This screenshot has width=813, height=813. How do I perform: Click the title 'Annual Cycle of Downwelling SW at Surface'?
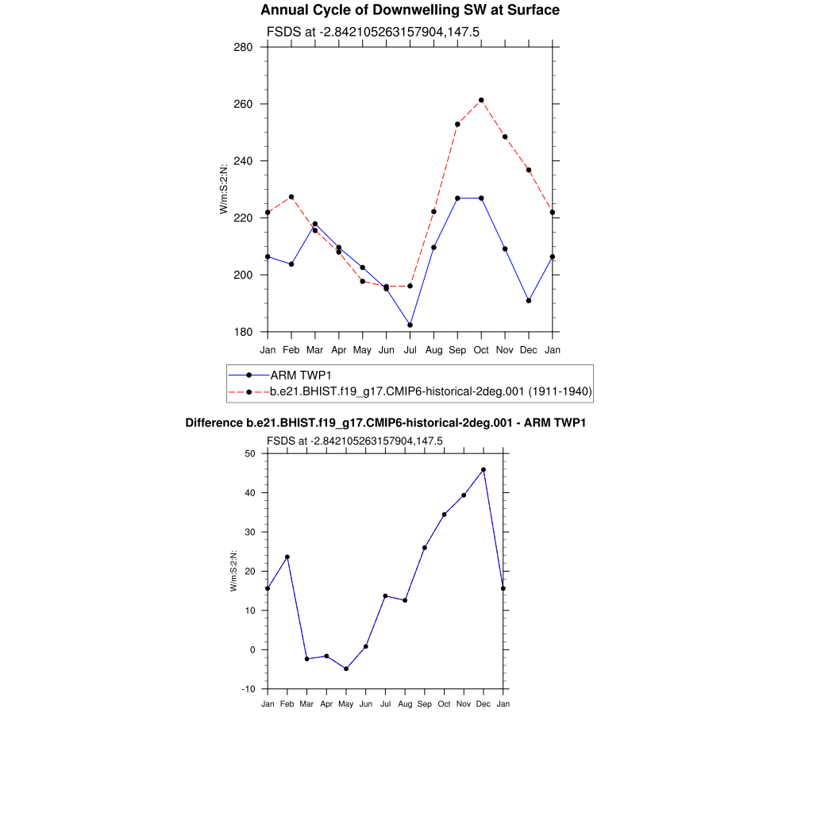click(x=410, y=10)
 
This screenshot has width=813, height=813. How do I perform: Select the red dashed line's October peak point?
click(x=481, y=100)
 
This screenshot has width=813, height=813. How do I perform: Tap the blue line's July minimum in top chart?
click(x=410, y=325)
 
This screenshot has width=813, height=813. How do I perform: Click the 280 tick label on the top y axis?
click(x=244, y=47)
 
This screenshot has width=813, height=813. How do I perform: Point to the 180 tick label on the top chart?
click(x=244, y=332)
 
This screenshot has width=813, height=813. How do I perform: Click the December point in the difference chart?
click(x=484, y=470)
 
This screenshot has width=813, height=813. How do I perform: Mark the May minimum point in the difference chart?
click(x=346, y=669)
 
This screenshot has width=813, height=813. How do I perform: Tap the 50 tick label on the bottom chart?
click(x=249, y=453)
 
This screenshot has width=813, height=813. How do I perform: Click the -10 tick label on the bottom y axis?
click(x=248, y=689)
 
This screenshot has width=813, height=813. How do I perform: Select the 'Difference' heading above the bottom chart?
click(x=386, y=423)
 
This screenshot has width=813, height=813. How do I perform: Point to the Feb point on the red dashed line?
click(x=291, y=197)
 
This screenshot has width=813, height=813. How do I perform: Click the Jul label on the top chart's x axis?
click(x=410, y=349)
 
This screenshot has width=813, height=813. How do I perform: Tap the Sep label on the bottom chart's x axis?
click(x=425, y=703)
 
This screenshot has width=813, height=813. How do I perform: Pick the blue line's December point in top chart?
click(x=529, y=301)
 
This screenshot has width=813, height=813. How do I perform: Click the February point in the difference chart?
click(x=287, y=557)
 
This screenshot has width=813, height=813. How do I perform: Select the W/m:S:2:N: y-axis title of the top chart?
click(x=224, y=189)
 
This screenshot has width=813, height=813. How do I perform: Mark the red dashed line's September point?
click(x=457, y=124)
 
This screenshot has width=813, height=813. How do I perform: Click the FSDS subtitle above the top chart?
click(x=373, y=32)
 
